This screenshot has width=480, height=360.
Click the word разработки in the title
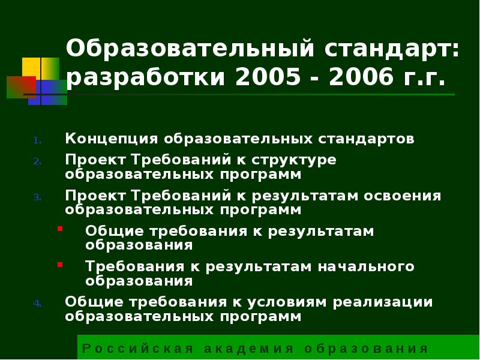(148, 77)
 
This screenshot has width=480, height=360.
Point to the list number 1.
(37, 140)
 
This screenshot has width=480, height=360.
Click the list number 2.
(37, 161)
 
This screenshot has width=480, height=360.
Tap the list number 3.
(37, 197)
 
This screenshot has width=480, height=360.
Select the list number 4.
(37, 303)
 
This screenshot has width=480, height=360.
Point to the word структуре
(293, 161)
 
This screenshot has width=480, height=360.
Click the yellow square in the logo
(40, 68)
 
